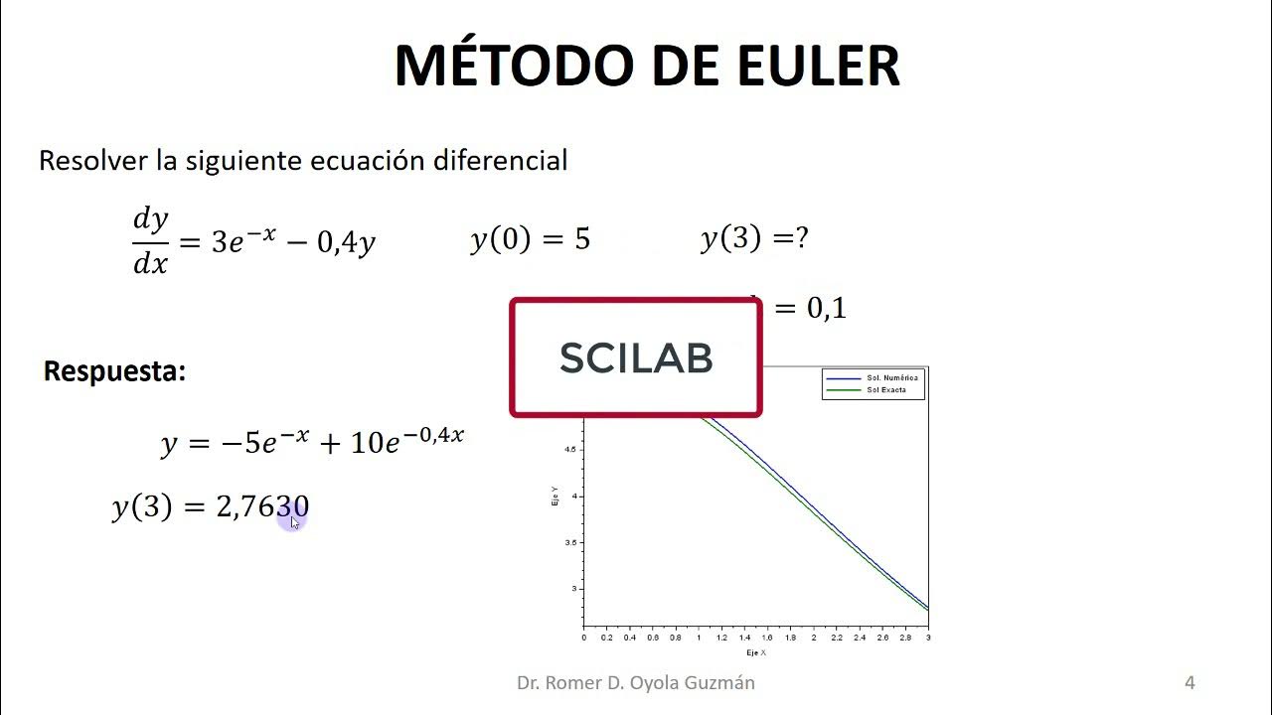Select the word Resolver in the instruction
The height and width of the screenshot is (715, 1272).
(92, 160)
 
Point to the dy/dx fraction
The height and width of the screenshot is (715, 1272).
(151, 241)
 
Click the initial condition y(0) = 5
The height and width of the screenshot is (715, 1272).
(530, 239)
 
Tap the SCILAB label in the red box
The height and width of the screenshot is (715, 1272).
(636, 357)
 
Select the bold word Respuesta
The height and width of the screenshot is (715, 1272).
(114, 371)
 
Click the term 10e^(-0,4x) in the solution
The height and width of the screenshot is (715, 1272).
(407, 440)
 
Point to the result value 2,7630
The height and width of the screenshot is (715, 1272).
(262, 507)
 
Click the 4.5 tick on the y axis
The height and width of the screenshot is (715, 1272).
(570, 450)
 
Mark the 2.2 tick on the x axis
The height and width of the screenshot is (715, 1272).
(837, 638)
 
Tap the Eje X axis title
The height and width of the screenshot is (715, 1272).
(756, 652)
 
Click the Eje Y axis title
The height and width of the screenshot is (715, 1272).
(555, 497)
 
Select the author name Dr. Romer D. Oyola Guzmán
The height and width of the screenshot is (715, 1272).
(636, 682)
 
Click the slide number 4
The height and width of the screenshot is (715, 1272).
(1190, 682)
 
